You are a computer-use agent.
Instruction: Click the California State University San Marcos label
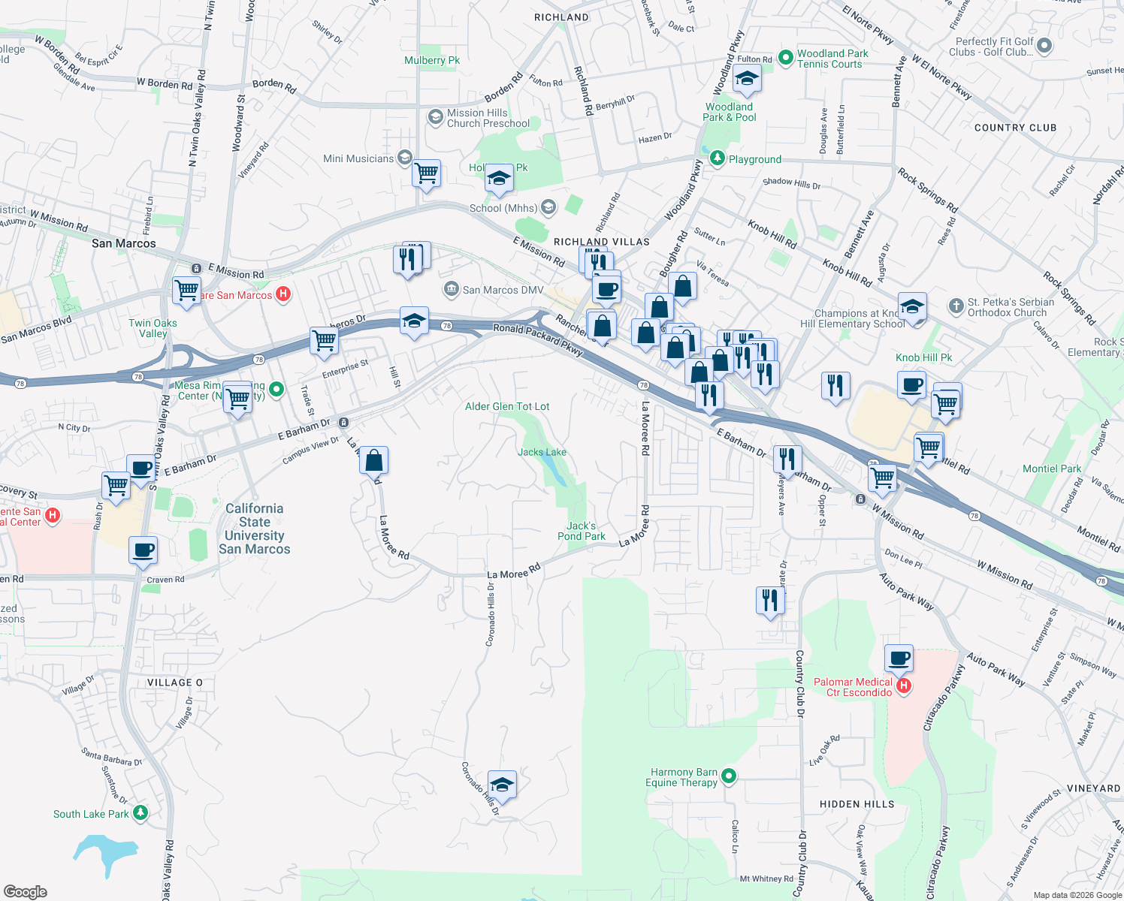point(255,529)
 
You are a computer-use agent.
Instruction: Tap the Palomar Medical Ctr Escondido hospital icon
point(905,686)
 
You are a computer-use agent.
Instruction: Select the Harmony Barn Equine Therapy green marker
point(728,777)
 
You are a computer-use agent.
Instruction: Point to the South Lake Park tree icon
point(140,813)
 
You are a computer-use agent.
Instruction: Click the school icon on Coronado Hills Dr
point(502,785)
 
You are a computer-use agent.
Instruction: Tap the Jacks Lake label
point(542,452)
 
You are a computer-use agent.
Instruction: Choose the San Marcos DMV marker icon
point(452,289)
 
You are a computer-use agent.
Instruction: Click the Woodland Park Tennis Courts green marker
point(785,57)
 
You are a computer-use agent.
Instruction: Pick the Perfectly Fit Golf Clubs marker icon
point(1044,46)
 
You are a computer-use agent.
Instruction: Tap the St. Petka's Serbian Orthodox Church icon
point(956,306)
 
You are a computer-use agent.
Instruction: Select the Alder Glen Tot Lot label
point(507,406)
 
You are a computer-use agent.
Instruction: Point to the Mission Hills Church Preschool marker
point(435,117)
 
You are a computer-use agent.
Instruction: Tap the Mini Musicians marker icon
point(405,158)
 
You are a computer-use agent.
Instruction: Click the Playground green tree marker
point(718,158)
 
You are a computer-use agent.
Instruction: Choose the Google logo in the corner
point(25,892)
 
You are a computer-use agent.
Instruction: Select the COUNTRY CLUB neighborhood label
point(1015,128)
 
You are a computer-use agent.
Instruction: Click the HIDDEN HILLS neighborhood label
point(857,804)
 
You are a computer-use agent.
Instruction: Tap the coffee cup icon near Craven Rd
point(143,550)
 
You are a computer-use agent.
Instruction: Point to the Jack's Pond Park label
point(582,531)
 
